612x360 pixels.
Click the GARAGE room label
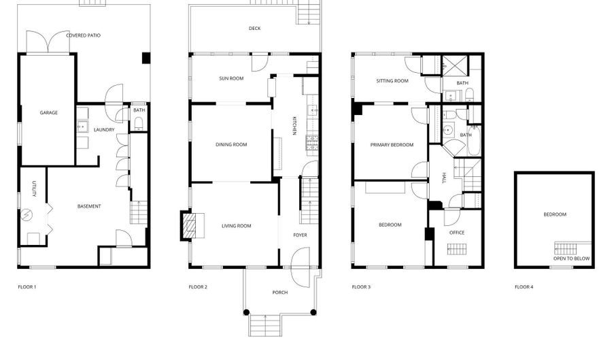coord(49,113)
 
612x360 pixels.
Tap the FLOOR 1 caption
coord(27,287)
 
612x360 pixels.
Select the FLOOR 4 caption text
coord(524,287)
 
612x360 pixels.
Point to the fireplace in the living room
coord(192,225)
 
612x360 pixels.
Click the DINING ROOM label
coord(231,144)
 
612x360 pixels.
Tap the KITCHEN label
coord(294,125)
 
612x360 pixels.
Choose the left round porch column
coord(246,312)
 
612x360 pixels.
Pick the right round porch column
coord(313,312)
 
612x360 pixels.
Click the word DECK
coord(254,29)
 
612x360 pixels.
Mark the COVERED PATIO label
coord(84,35)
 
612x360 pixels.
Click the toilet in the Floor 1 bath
coord(139,124)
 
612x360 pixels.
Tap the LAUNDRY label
coord(104,129)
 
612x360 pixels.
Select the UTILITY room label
coord(34,189)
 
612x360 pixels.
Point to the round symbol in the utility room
coord(27,214)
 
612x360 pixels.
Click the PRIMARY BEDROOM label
coord(392,145)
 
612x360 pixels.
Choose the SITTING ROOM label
coord(392,81)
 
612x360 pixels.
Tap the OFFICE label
coord(457,233)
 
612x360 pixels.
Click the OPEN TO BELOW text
coord(571,259)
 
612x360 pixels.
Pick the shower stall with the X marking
coord(455,65)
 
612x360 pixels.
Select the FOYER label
coord(300,235)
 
